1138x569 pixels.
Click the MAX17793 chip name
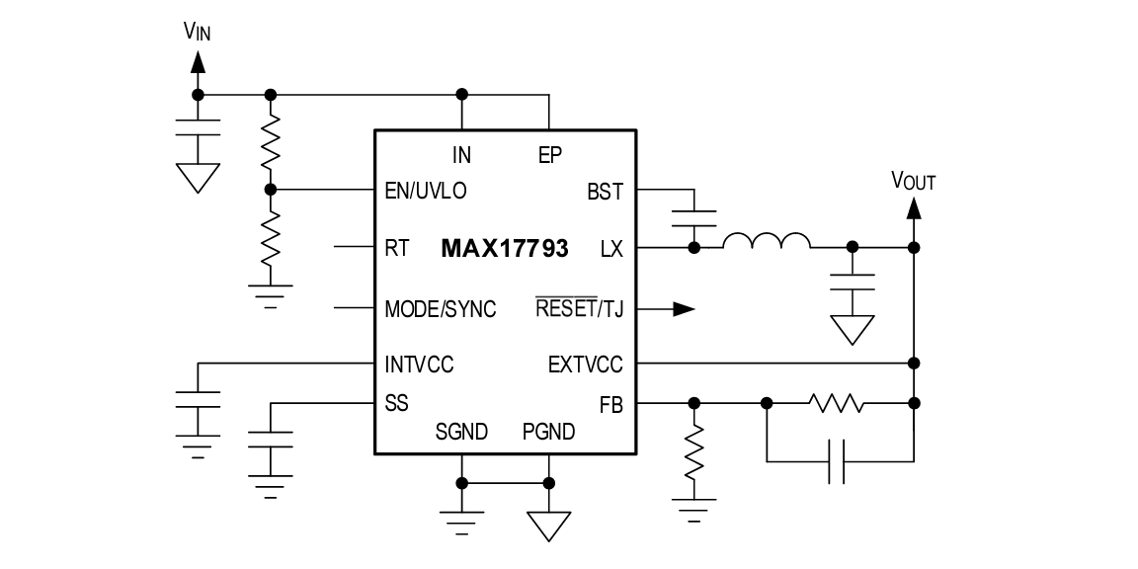click(504, 248)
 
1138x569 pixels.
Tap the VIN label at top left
click(198, 31)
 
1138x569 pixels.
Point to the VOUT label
click(914, 181)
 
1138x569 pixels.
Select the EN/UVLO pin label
click(425, 191)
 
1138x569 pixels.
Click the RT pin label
click(395, 248)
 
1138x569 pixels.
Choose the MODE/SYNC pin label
click(441, 308)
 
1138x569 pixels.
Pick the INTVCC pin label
click(419, 365)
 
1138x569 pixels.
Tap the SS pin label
click(396, 403)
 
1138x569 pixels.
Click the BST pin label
click(605, 191)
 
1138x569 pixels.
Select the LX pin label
click(611, 248)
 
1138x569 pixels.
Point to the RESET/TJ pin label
click(579, 308)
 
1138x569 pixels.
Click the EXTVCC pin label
click(586, 365)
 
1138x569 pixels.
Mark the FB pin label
click(611, 403)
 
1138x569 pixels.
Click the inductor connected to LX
click(767, 241)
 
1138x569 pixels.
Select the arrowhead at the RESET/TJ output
click(684, 308)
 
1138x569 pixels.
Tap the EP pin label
click(550, 153)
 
